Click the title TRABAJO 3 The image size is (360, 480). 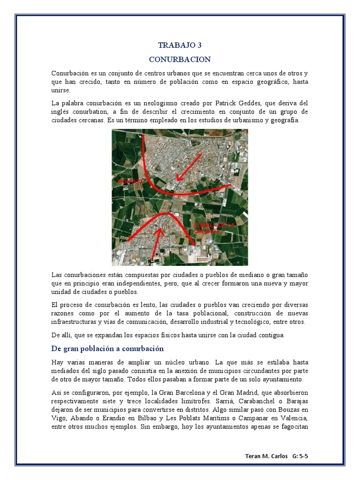180,45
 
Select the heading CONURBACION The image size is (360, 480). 180,60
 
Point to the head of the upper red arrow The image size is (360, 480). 177,179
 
